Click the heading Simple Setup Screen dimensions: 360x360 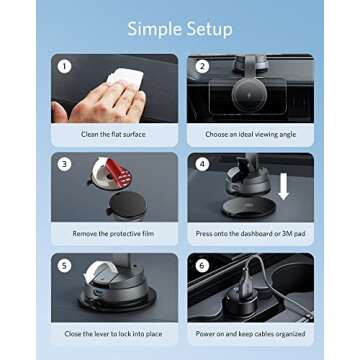[180, 27]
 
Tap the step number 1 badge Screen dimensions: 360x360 [64, 68]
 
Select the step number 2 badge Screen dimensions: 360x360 [201, 68]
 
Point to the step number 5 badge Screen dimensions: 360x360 [64, 266]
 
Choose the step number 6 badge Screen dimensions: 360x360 [201, 266]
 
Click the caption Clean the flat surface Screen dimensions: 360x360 [112, 133]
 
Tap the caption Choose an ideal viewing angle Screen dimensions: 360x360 [249, 133]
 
